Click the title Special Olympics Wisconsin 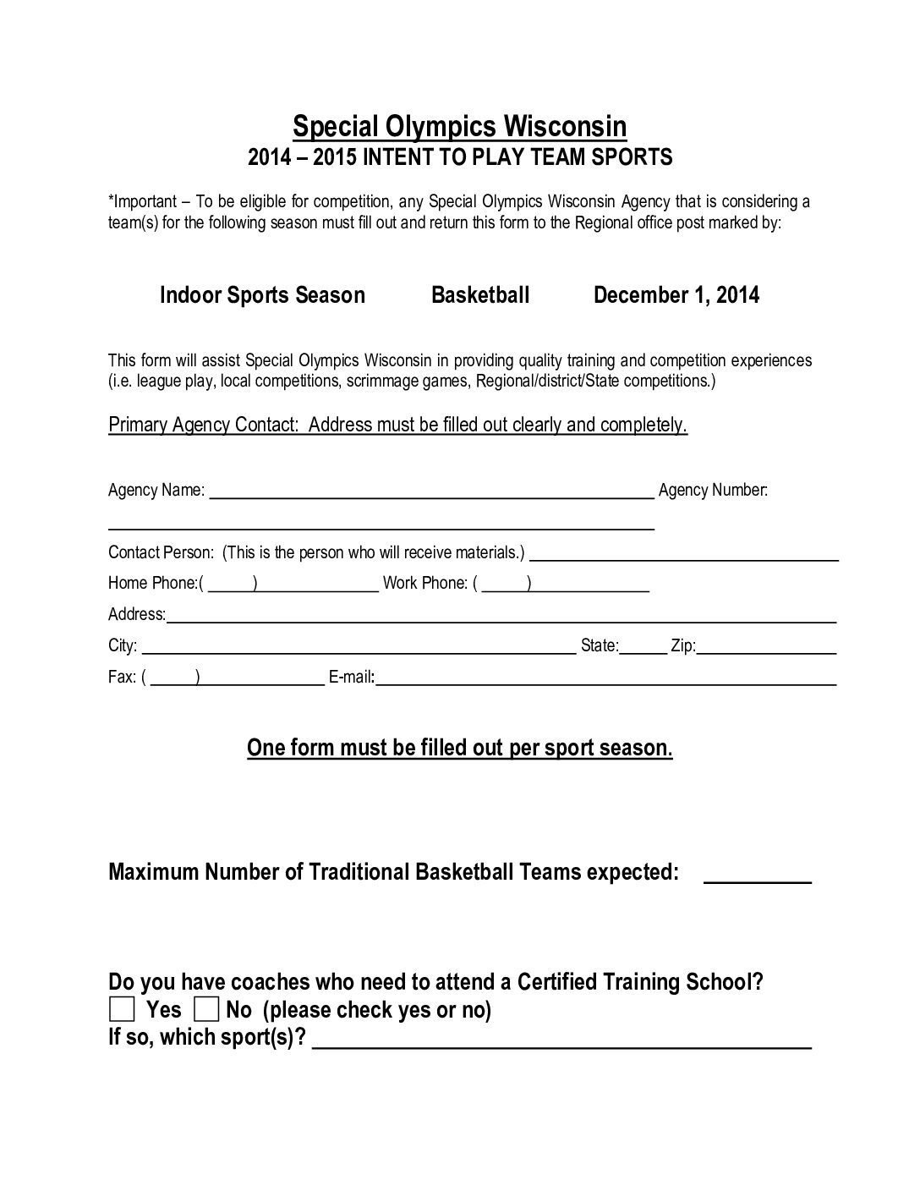coord(459,127)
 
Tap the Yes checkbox coord(122,1009)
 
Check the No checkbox coord(207,1009)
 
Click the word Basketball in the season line coord(480,295)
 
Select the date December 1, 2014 coord(676,295)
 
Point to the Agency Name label coord(156,490)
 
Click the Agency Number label coord(713,490)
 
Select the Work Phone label coord(424,583)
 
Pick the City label coord(123,646)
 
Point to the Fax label coord(122,678)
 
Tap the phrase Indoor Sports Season coord(262,295)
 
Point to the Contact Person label coord(161,552)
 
